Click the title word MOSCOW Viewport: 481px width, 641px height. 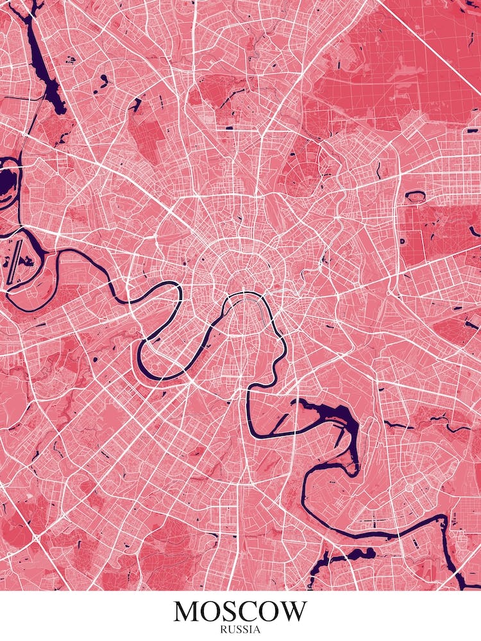[x=240, y=611]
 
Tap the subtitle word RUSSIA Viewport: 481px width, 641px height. [x=240, y=629]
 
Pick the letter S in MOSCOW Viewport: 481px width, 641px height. [x=233, y=611]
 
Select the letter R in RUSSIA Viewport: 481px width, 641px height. [x=223, y=629]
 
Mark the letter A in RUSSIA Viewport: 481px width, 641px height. [x=257, y=629]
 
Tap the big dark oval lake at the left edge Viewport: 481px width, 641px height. [x=6, y=183]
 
